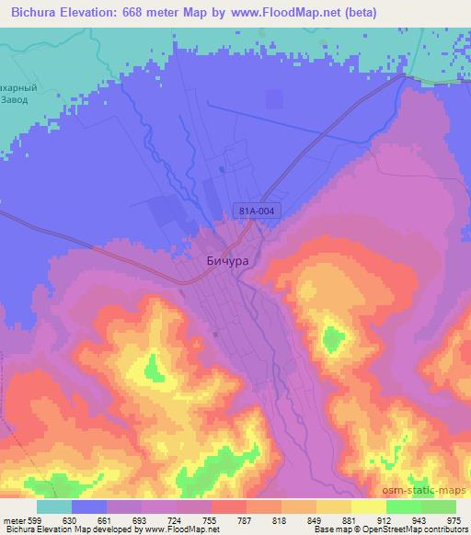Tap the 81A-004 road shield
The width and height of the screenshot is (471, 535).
[x=253, y=211]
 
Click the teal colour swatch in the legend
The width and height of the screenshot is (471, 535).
[x=54, y=507]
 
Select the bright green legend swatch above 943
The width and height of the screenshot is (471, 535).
[x=403, y=507]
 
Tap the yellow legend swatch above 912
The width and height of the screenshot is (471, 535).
[x=368, y=507]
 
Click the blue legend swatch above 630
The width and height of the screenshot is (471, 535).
[x=89, y=507]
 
